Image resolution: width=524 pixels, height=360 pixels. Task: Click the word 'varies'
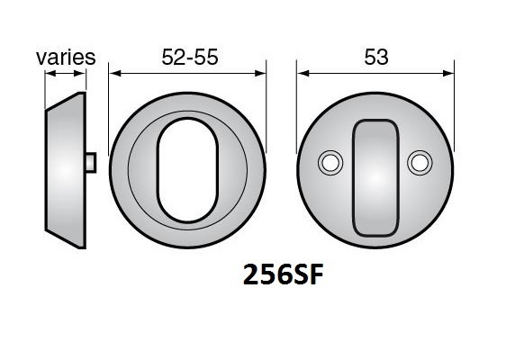pyautogui.click(x=66, y=57)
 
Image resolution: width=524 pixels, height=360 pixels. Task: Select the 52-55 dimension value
pyautogui.click(x=190, y=57)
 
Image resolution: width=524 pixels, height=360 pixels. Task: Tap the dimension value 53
pyautogui.click(x=376, y=57)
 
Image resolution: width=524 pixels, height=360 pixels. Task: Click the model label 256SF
pyautogui.click(x=282, y=274)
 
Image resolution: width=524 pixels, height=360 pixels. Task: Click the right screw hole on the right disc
pyautogui.click(x=418, y=162)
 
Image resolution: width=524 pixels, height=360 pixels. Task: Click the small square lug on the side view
pyautogui.click(x=91, y=162)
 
